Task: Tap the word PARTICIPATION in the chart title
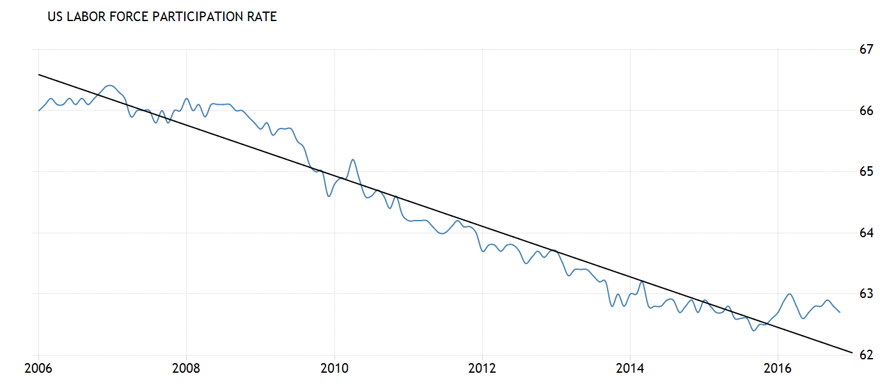pyautogui.click(x=203, y=17)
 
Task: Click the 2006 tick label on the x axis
pyautogui.click(x=38, y=369)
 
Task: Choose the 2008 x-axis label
pyautogui.click(x=186, y=369)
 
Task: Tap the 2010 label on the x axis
pyautogui.click(x=334, y=369)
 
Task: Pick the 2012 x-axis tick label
pyautogui.click(x=482, y=369)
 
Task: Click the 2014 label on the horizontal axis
pyautogui.click(x=630, y=369)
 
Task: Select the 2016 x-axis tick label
pyautogui.click(x=778, y=369)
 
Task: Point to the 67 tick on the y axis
pyautogui.click(x=867, y=50)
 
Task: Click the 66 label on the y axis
pyautogui.click(x=867, y=111)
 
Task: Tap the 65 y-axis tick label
pyautogui.click(x=867, y=172)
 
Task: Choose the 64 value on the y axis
pyautogui.click(x=867, y=233)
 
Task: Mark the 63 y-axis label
pyautogui.click(x=867, y=294)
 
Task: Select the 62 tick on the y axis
pyautogui.click(x=867, y=355)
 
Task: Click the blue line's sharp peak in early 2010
pyautogui.click(x=353, y=159)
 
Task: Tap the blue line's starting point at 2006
pyautogui.click(x=38, y=111)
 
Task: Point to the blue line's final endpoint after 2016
pyautogui.click(x=840, y=312)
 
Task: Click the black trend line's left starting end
pyautogui.click(x=38, y=75)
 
